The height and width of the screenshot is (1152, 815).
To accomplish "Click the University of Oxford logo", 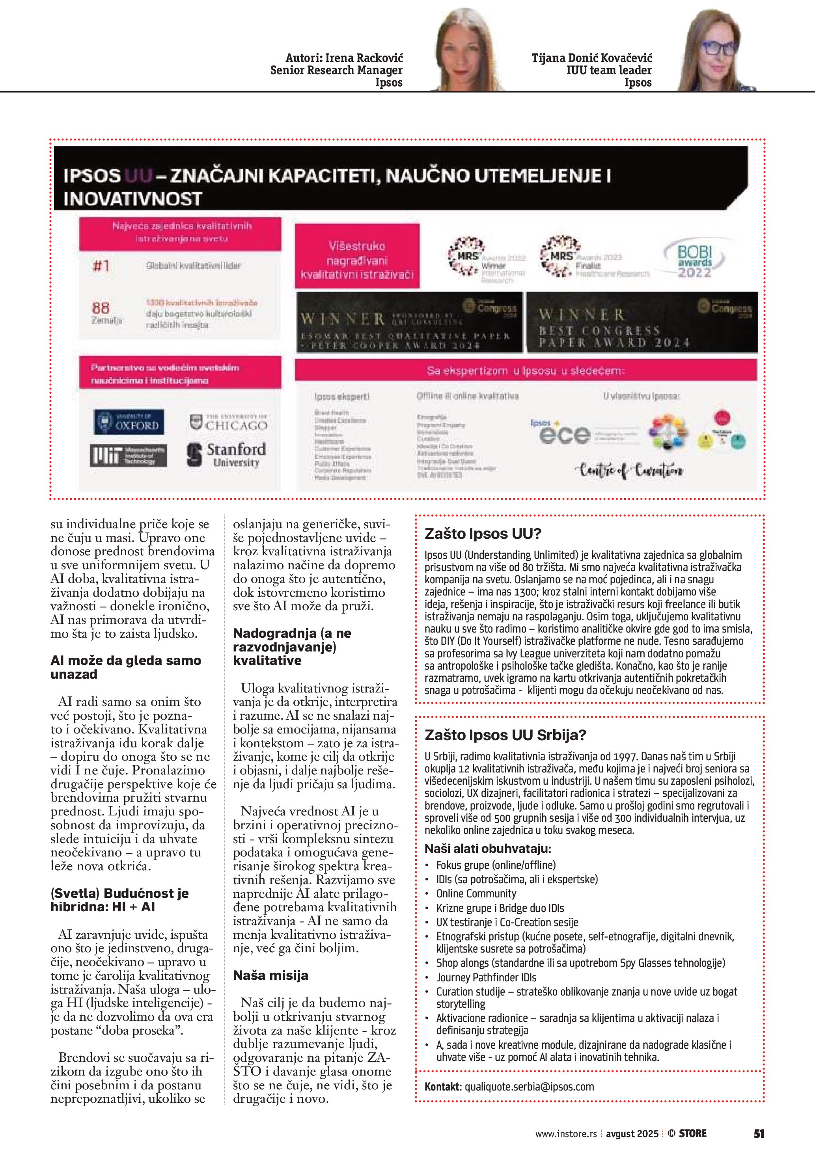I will pyautogui.click(x=129, y=421).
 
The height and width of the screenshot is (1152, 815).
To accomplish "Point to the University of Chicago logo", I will pyautogui.click(x=228, y=422).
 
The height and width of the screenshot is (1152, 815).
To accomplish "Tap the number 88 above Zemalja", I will pyautogui.click(x=101, y=307).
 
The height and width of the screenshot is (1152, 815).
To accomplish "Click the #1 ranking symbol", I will pyautogui.click(x=101, y=265).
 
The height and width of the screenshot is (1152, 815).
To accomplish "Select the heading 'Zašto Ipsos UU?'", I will pyautogui.click(x=483, y=533).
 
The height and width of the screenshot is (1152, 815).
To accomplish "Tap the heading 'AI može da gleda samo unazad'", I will pyautogui.click(x=125, y=667).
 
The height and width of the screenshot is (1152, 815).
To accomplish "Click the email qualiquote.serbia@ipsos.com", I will pyautogui.click(x=529, y=1087).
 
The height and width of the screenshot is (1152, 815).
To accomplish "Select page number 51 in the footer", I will pyautogui.click(x=759, y=1133).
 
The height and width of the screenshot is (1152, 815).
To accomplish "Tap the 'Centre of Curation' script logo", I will pyautogui.click(x=631, y=470).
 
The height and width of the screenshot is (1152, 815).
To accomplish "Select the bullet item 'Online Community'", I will pyautogui.click(x=476, y=893).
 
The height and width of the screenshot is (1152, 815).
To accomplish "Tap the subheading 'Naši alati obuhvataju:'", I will pyautogui.click(x=488, y=849).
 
